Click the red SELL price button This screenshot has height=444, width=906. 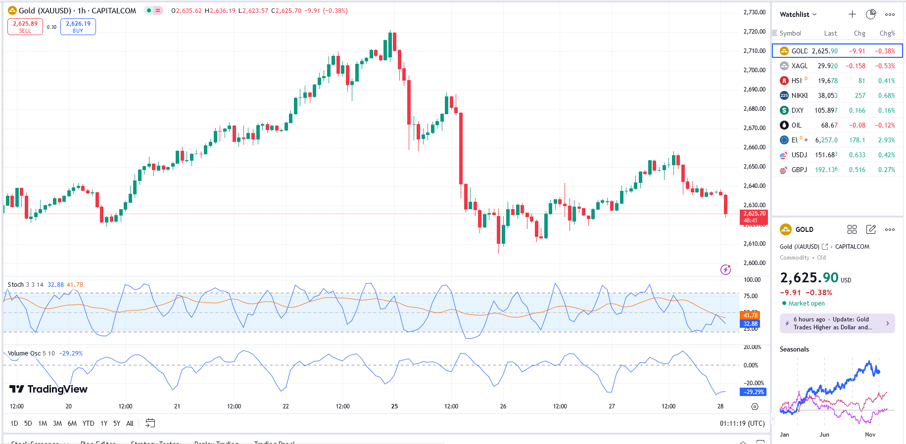tap(25, 27)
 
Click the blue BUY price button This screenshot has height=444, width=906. tap(78, 27)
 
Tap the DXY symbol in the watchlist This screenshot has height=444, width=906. tap(797, 110)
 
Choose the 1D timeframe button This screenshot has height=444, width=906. tap(14, 423)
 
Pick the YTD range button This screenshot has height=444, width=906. tap(88, 423)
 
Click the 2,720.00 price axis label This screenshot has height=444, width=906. tap(754, 32)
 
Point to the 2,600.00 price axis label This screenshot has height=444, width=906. tap(754, 263)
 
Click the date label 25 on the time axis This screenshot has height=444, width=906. tap(394, 406)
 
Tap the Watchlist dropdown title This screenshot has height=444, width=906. tap(798, 14)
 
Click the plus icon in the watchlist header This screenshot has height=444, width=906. tap(852, 14)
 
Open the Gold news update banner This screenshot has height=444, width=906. tap(837, 323)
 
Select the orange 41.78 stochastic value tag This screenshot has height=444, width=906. tap(750, 315)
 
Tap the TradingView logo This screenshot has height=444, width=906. tap(48, 389)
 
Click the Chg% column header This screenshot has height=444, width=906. tap(887, 34)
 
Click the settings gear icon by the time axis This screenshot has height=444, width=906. tap(755, 406)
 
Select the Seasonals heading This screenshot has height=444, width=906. tap(794, 349)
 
